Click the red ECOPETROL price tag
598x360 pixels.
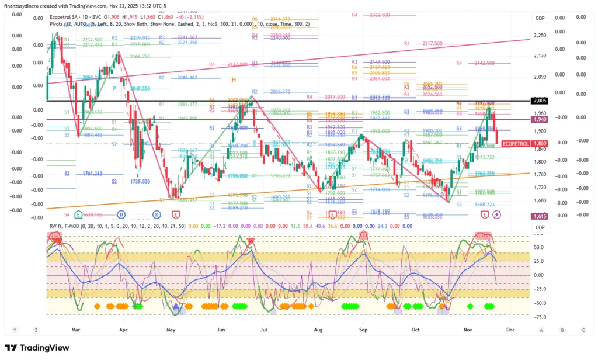click(x=516, y=143)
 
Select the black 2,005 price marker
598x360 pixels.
click(x=540, y=101)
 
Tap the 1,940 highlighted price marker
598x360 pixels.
click(x=540, y=119)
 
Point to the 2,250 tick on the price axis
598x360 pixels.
click(x=540, y=36)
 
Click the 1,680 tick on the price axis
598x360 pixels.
click(x=540, y=200)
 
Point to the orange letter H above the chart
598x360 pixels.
click(x=233, y=79)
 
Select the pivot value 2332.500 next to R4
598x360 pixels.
click(x=380, y=15)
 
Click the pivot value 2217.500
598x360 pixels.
click(x=432, y=43)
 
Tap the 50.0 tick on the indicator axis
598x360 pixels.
click(x=540, y=247)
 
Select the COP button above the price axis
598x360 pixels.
click(x=540, y=18)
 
